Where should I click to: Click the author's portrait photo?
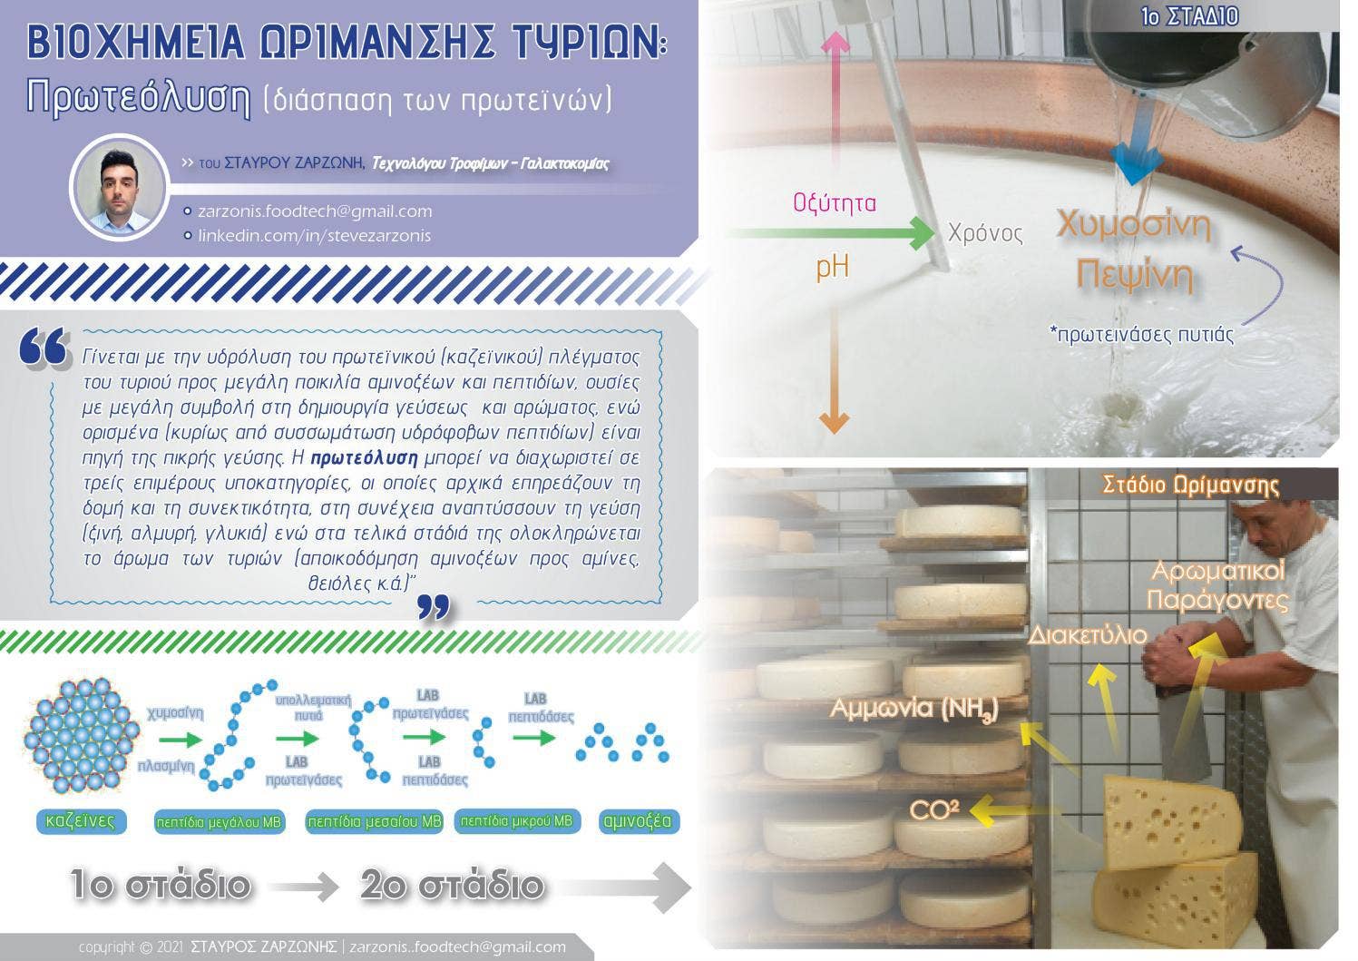click(x=120, y=187)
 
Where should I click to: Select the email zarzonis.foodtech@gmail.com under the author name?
click(x=316, y=211)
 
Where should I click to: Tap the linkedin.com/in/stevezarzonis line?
click(x=314, y=235)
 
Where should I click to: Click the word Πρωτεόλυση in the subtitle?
click(x=138, y=97)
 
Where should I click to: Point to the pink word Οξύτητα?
click(x=835, y=202)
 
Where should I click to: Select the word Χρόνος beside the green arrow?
click(x=985, y=233)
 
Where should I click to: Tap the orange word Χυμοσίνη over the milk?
click(x=1134, y=225)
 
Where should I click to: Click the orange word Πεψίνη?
click(x=1134, y=276)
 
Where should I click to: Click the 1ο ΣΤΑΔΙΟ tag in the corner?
click(x=1189, y=16)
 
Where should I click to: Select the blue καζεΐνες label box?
click(x=81, y=821)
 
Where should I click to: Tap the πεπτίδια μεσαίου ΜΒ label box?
click(x=374, y=821)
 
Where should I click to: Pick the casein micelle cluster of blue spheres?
click(x=81, y=737)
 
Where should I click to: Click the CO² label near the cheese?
click(x=933, y=809)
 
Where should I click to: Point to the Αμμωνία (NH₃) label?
click(x=913, y=708)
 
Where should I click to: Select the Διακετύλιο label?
click(x=1088, y=635)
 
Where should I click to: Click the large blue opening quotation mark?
click(x=44, y=348)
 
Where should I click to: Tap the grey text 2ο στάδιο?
click(x=453, y=885)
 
